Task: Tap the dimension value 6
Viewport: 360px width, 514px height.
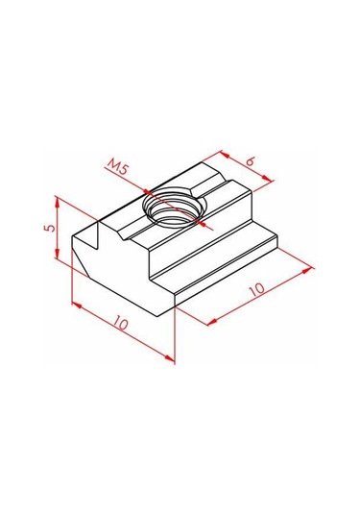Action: (251, 161)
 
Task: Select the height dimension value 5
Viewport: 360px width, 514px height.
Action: (50, 227)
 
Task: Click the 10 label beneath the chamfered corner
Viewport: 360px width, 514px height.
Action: (121, 324)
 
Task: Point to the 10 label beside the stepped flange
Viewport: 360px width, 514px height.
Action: (256, 288)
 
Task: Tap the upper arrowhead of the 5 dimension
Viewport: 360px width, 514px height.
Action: (57, 204)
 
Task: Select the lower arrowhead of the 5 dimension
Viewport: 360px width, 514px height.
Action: (57, 252)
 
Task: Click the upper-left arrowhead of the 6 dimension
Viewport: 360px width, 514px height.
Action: (225, 154)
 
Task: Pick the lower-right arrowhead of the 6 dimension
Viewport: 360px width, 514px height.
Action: (268, 179)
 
